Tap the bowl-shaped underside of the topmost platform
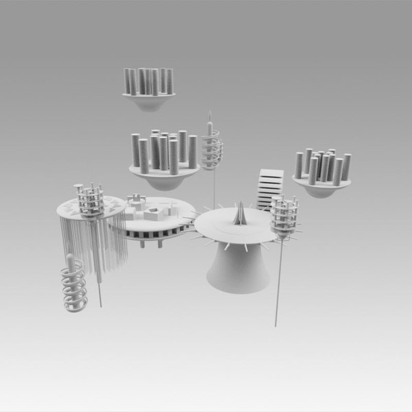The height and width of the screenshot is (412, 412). (x=149, y=104)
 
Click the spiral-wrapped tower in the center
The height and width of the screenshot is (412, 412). (x=212, y=145)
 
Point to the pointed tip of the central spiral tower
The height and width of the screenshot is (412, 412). (x=209, y=113)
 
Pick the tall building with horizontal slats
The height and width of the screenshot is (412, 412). (x=268, y=189)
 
